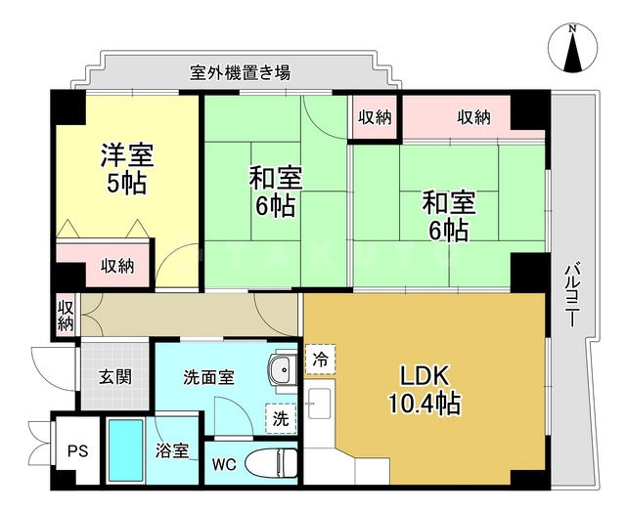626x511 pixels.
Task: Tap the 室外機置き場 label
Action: point(240,72)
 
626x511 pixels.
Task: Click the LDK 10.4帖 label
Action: point(423,388)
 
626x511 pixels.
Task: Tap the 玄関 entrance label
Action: point(114,377)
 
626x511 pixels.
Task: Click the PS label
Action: point(77,451)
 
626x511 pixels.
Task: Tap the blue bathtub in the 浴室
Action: point(125,451)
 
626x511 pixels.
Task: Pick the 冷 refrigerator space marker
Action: point(320,359)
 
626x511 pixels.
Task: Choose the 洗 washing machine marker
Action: point(280,418)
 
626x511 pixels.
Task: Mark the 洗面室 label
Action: point(207,377)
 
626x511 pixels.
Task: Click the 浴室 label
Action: point(171,450)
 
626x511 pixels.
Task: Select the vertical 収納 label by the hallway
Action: point(66,316)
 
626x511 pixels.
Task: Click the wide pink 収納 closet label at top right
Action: point(474,118)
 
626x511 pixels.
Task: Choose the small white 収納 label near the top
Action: point(374,118)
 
